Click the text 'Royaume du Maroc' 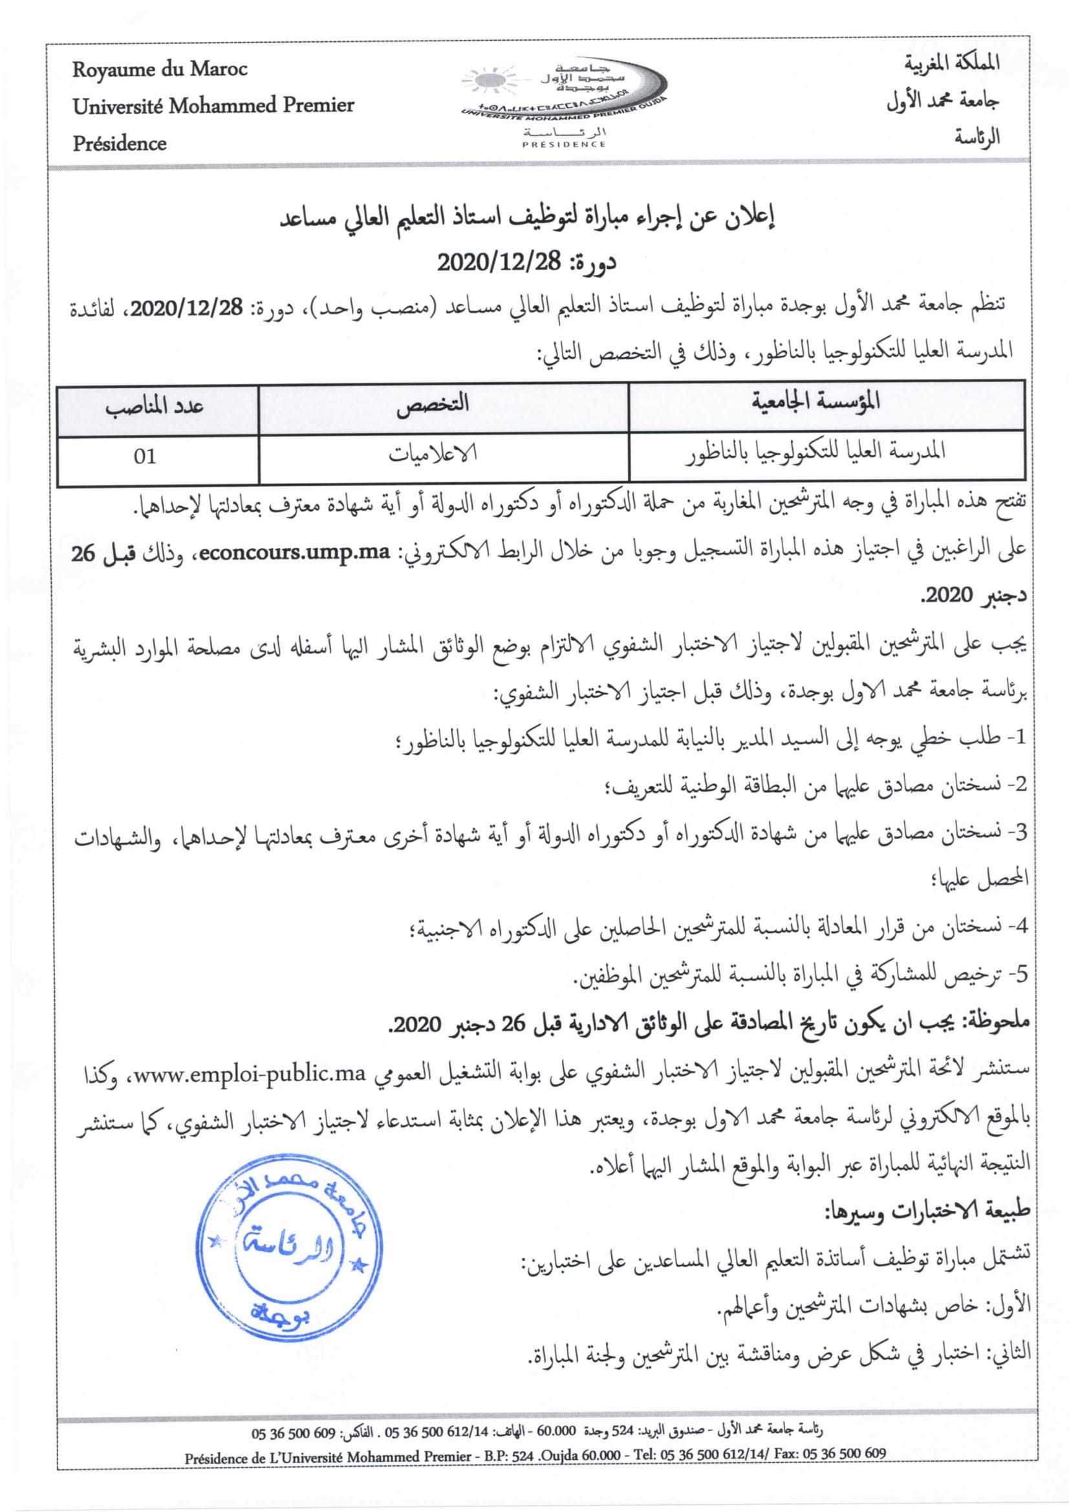tap(159, 69)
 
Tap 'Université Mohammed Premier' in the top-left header tap(213, 105)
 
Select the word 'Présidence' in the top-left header tap(119, 143)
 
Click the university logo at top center tap(565, 102)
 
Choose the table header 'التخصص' tap(433, 403)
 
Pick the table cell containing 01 tap(144, 456)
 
